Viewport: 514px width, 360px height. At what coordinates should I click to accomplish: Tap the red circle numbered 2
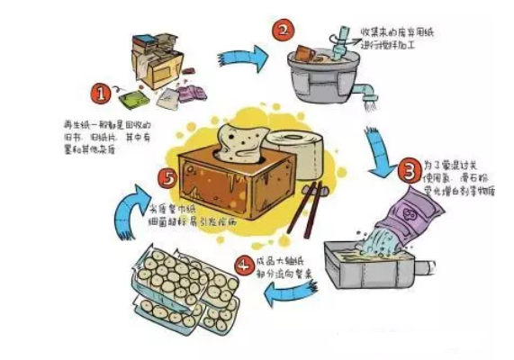pos(282,31)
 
